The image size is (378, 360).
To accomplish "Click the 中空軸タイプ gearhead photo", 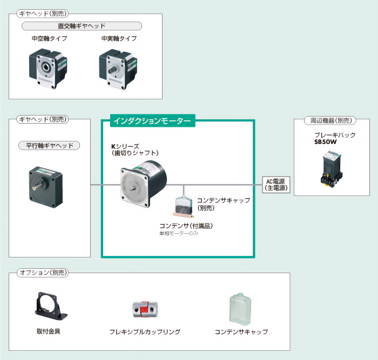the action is pyautogui.click(x=48, y=69).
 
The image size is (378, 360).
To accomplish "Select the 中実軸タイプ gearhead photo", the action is pyautogui.click(x=118, y=69).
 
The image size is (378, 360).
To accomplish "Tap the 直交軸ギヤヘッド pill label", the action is pyautogui.click(x=82, y=26).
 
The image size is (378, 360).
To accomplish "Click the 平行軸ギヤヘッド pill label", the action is pyautogui.click(x=49, y=145).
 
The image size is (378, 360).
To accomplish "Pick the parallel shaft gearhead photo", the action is pyautogui.click(x=46, y=187).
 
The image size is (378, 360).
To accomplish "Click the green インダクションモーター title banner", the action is pyautogui.click(x=153, y=121).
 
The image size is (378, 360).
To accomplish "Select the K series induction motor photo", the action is pyautogui.click(x=144, y=184).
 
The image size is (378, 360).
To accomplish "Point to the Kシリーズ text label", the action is pyautogui.click(x=125, y=147).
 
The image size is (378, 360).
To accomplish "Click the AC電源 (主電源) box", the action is pyautogui.click(x=276, y=185).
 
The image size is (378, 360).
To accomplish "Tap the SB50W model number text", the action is pyautogui.click(x=326, y=142).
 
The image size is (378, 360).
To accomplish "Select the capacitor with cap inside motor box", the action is pyautogui.click(x=183, y=206).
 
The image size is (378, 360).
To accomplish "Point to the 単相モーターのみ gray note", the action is pyautogui.click(x=179, y=233).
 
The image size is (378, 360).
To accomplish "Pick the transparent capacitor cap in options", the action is pyautogui.click(x=240, y=309).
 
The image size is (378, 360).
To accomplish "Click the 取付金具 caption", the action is pyautogui.click(x=48, y=331).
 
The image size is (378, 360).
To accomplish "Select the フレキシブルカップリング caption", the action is pyautogui.click(x=145, y=332).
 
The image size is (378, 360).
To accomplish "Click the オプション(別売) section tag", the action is pyautogui.click(x=43, y=273).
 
